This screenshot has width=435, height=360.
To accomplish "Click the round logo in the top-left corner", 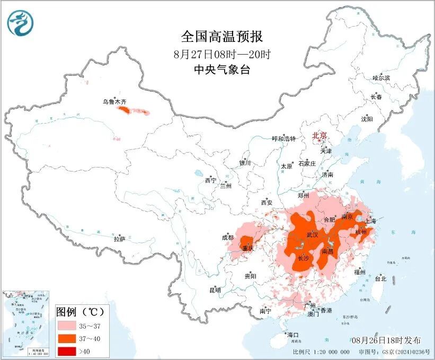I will (20, 23).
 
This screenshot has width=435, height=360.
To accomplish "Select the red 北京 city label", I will (320, 136).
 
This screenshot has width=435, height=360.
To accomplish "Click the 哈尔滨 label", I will (381, 78).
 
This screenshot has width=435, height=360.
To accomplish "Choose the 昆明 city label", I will (215, 290).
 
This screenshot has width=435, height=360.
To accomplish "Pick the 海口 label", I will (293, 335).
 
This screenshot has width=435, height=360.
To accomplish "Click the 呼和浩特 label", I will (283, 139).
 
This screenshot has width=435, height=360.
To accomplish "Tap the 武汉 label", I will (313, 235).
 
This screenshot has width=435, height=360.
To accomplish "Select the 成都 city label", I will (228, 238).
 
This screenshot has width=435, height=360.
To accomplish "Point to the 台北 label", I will (380, 278).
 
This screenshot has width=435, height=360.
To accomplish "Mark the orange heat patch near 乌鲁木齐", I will (124, 110).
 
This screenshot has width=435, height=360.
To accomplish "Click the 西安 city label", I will (266, 203).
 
